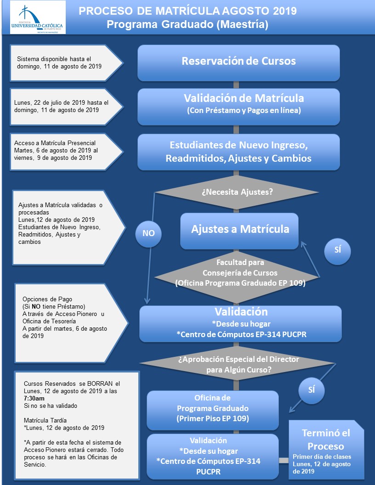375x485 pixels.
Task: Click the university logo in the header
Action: click(x=38, y=17)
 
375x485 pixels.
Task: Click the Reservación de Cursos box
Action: click(x=239, y=63)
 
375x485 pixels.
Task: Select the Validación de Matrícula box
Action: click(x=239, y=107)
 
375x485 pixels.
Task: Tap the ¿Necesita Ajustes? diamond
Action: click(x=237, y=192)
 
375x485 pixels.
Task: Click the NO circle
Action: click(x=148, y=233)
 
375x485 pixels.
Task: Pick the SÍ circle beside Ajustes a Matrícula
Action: click(x=338, y=250)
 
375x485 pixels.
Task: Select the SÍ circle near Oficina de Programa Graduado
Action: click(x=312, y=390)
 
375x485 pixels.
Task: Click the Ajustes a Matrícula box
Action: click(x=239, y=231)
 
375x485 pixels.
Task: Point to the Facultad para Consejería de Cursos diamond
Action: click(x=237, y=277)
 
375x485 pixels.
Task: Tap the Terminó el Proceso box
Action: click(x=326, y=450)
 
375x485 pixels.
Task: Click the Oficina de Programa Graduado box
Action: click(x=213, y=410)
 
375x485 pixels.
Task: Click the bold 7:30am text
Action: click(x=34, y=398)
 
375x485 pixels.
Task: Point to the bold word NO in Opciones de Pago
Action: click(x=36, y=306)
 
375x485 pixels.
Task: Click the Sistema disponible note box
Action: click(x=67, y=63)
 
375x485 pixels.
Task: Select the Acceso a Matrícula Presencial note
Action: click(x=67, y=152)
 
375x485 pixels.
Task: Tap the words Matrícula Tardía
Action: click(x=45, y=420)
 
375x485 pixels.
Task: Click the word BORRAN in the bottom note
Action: click(x=100, y=383)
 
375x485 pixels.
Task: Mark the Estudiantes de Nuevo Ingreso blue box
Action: click(x=239, y=152)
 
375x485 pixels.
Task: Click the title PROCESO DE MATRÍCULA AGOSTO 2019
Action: click(x=187, y=11)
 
